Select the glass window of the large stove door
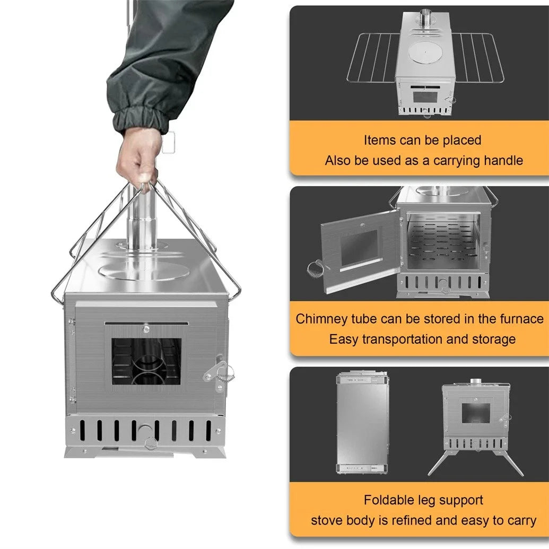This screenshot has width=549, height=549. (146, 361)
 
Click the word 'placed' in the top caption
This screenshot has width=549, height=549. (458, 140)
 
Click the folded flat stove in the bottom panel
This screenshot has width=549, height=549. (362, 422)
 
